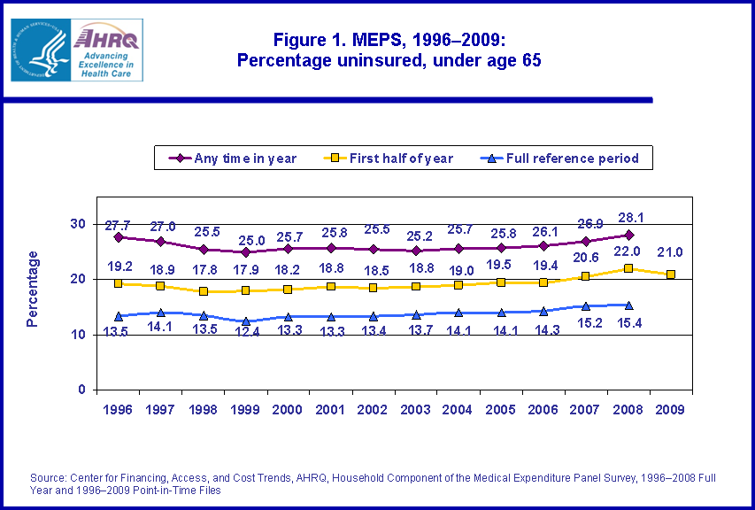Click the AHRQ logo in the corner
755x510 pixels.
pyautogui.click(x=77, y=50)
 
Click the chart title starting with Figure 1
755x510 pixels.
pyautogui.click(x=389, y=50)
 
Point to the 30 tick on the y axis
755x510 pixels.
pyautogui.click(x=79, y=224)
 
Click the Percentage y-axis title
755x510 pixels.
pyautogui.click(x=33, y=289)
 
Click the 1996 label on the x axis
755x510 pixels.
pyautogui.click(x=118, y=411)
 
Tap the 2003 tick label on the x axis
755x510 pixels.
pyautogui.click(x=415, y=411)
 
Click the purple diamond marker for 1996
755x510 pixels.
pyautogui.click(x=118, y=236)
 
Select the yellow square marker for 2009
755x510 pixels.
pyautogui.click(x=670, y=274)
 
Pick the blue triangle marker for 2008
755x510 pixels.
pyautogui.click(x=628, y=305)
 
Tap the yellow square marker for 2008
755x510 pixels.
pyautogui.click(x=628, y=268)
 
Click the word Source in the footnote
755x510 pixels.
pyautogui.click(x=48, y=477)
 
